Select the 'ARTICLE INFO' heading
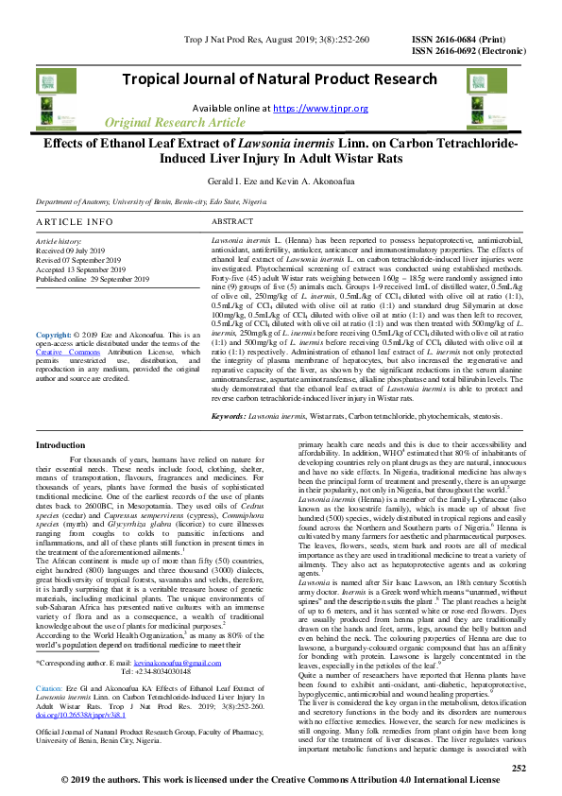(x=74, y=221)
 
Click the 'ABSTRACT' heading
(x=231, y=221)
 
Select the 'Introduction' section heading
(x=60, y=444)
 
